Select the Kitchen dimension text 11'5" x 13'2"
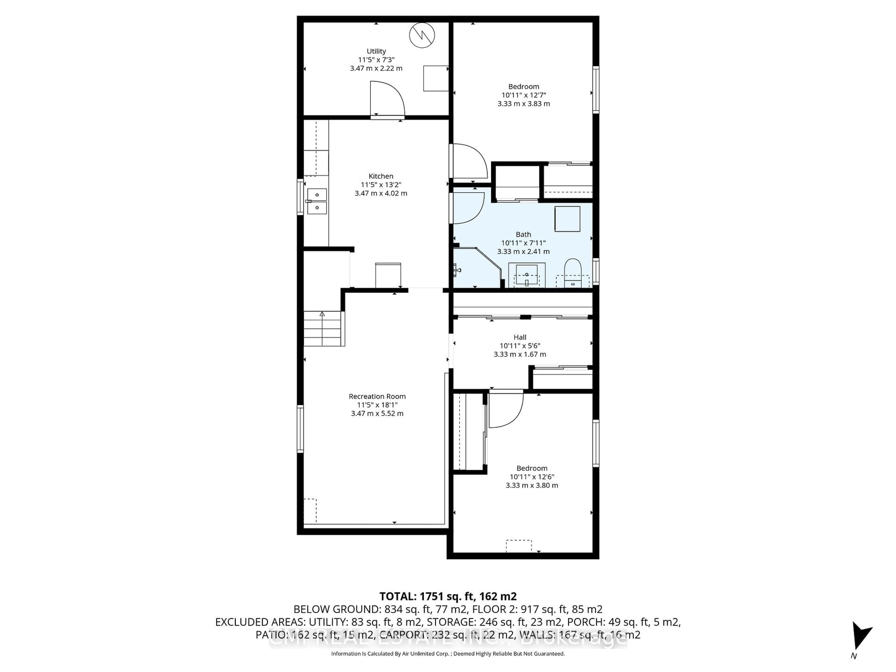click(x=381, y=185)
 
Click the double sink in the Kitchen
click(x=317, y=201)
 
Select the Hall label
click(x=520, y=337)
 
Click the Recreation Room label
click(x=377, y=396)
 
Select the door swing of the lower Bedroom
click(x=506, y=409)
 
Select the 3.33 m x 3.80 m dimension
click(x=532, y=485)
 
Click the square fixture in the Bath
click(x=567, y=219)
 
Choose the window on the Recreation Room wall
click(x=300, y=429)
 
